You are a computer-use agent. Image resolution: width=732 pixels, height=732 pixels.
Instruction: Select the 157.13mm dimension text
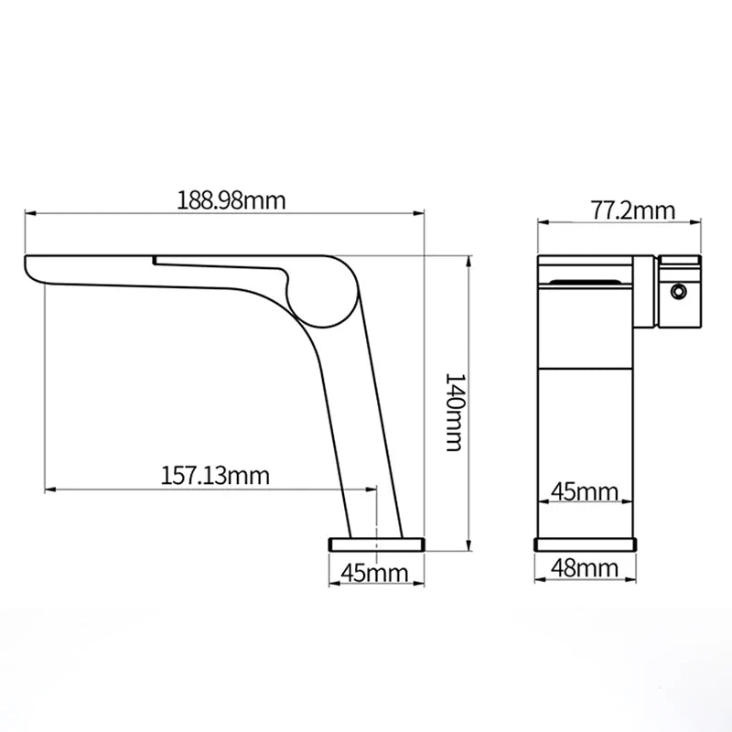[216, 476]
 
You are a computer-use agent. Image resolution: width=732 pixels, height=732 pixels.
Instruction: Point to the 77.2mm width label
[632, 210]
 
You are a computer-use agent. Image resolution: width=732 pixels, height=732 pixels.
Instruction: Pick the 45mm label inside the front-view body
[585, 492]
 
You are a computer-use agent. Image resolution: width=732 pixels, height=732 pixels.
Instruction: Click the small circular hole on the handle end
[678, 292]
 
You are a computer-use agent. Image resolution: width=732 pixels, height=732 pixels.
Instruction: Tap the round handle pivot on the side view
[320, 291]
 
